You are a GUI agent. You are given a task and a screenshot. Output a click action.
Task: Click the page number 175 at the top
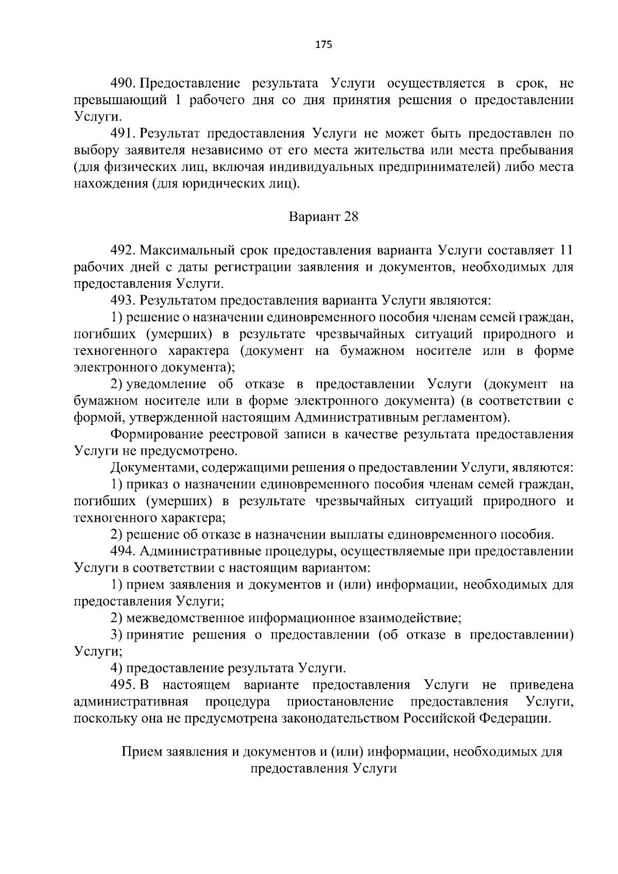(323, 45)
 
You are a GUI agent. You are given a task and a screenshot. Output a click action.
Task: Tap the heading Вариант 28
(323, 217)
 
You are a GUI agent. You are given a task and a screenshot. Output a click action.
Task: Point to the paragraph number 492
(123, 250)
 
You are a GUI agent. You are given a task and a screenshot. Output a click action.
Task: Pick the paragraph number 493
(123, 300)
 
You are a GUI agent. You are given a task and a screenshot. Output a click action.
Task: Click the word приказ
(149, 484)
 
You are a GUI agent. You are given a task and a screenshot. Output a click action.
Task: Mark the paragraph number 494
(123, 551)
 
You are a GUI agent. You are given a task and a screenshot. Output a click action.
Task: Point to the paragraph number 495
(123, 685)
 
